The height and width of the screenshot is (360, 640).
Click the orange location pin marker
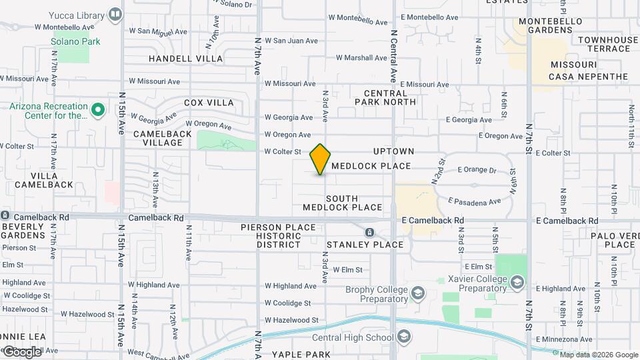pyautogui.click(x=321, y=159)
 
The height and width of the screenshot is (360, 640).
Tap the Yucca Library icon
pyautogui.click(x=115, y=15)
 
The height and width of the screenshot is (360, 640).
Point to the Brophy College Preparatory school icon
pyautogui.click(x=417, y=293)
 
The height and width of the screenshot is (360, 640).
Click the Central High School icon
pyautogui.click(x=403, y=337)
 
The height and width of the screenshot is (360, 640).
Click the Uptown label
pyautogui.click(x=393, y=152)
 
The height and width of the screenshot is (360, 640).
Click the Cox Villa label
pyautogui.click(x=209, y=103)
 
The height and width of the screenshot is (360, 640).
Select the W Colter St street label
pyautogui.click(x=283, y=152)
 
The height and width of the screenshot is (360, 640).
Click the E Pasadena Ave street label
pyautogui.click(x=474, y=201)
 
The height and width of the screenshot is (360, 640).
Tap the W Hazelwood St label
pyautogui.click(x=292, y=320)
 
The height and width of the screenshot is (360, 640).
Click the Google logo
pyautogui.click(x=21, y=351)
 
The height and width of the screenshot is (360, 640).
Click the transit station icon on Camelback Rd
pyautogui.click(x=369, y=232)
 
